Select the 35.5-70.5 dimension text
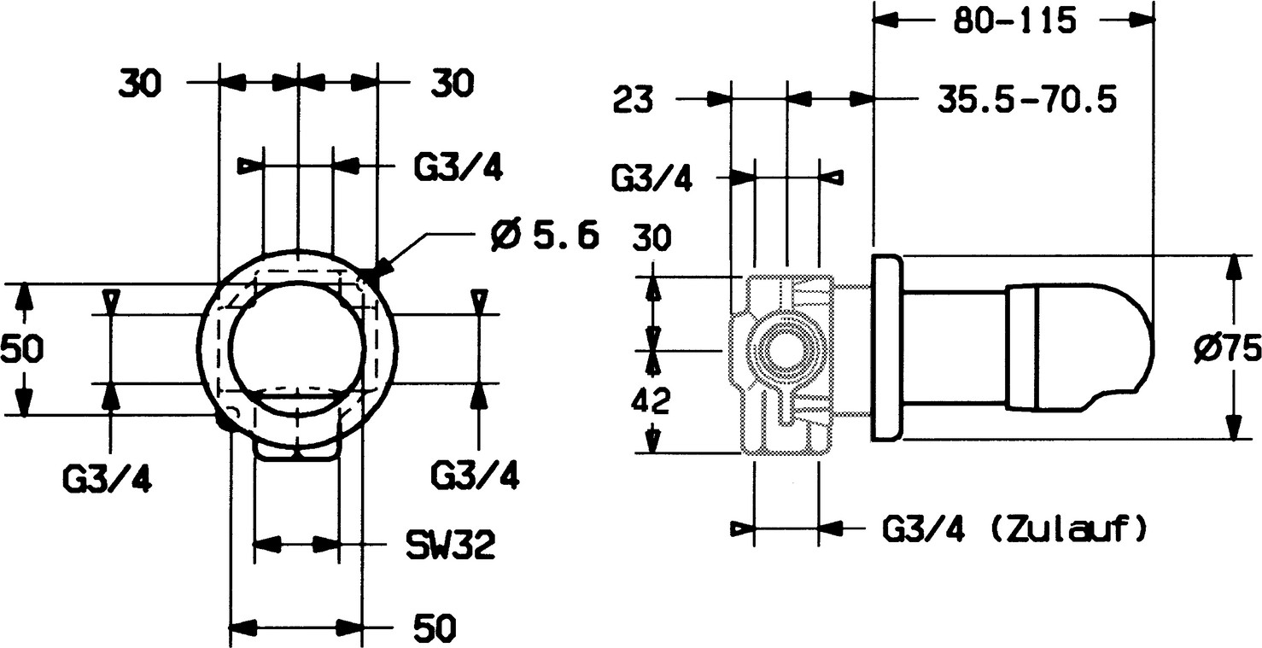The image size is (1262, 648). [1027, 100]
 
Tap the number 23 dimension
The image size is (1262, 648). [633, 100]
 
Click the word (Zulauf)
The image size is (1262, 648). [1067, 529]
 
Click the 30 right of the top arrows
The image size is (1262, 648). [450, 83]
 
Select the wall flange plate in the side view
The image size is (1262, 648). [886, 347]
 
